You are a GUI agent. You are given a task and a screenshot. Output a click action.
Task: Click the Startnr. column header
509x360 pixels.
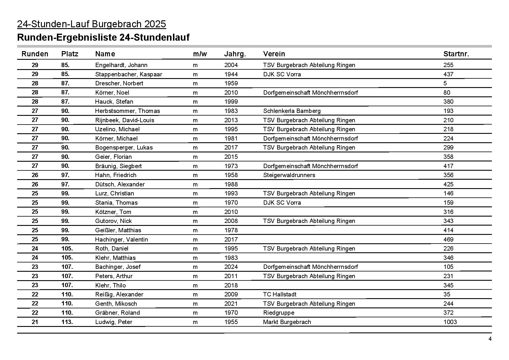click(456, 54)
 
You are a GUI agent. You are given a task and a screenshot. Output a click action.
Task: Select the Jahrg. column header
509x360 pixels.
click(235, 54)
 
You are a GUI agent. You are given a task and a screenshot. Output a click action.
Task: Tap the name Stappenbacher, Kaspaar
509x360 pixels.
click(129, 74)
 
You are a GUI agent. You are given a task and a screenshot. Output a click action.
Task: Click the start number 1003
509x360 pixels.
click(450, 322)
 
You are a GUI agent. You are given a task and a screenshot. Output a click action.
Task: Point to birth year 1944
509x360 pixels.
click(231, 74)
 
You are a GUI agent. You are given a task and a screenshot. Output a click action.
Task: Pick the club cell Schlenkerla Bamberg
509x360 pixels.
click(292, 111)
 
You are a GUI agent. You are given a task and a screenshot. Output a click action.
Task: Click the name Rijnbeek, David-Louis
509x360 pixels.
click(124, 120)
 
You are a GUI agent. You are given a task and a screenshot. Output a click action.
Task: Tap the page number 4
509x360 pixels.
click(490, 339)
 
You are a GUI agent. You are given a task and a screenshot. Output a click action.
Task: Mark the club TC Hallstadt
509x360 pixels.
click(280, 294)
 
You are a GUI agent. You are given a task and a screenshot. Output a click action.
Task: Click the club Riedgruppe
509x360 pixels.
click(279, 313)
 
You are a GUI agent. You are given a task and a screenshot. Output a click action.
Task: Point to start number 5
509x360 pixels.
click(445, 83)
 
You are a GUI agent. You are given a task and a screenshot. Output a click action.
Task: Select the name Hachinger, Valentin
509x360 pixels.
click(121, 240)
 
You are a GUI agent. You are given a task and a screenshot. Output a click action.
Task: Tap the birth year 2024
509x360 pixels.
click(231, 267)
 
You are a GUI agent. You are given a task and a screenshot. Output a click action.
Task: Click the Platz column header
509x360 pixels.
click(70, 54)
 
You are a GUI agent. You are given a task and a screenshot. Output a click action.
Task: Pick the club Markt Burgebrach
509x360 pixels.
click(287, 322)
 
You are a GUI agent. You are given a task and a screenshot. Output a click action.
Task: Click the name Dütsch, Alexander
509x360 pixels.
click(120, 184)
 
